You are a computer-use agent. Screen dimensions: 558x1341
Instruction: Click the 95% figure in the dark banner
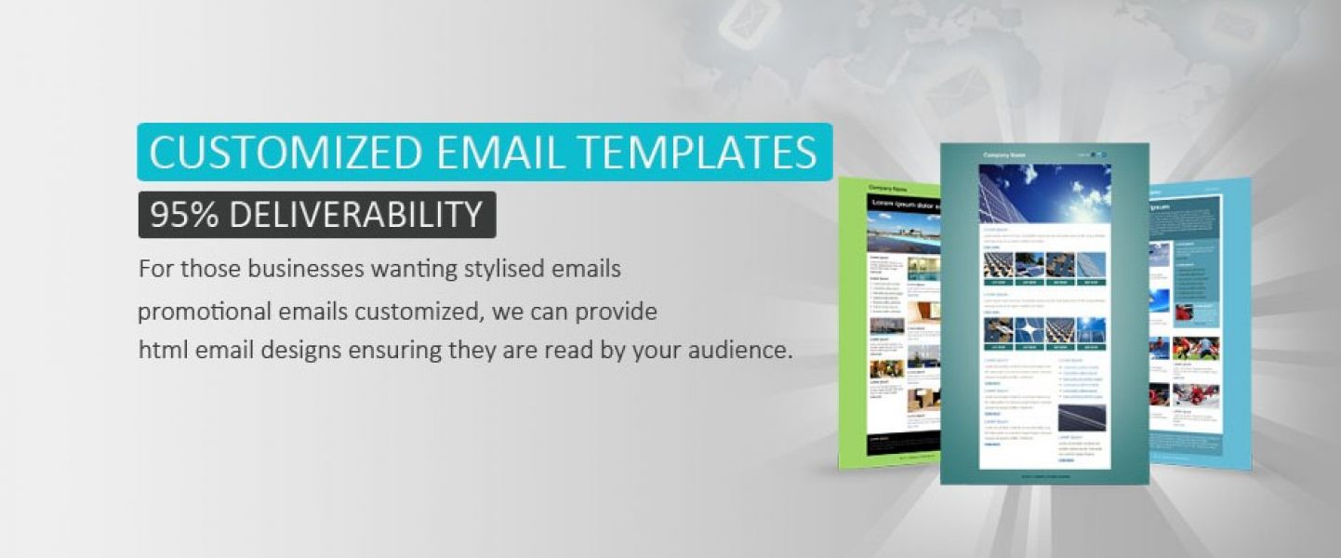click(x=183, y=215)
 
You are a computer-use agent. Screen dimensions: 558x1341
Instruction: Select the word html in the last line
click(x=158, y=352)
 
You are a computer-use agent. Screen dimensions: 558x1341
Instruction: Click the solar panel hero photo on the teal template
click(x=1044, y=193)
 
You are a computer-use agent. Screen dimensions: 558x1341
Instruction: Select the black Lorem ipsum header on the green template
click(x=903, y=203)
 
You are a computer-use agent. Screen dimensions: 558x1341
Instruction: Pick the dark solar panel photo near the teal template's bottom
click(x=1082, y=418)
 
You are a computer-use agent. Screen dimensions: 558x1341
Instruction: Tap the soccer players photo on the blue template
click(x=1195, y=349)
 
